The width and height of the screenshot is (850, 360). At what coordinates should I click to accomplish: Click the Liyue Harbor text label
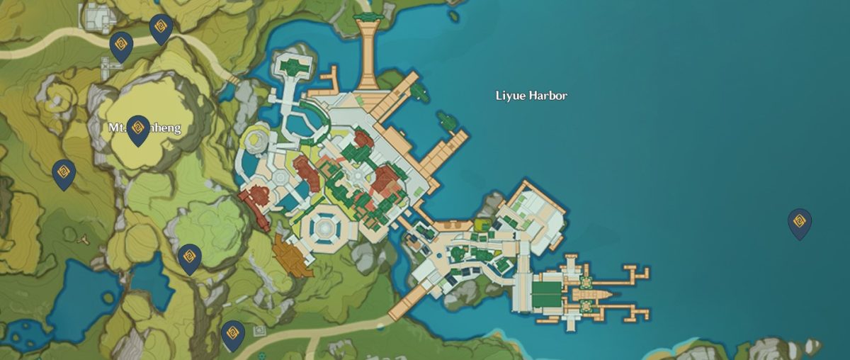(531, 96)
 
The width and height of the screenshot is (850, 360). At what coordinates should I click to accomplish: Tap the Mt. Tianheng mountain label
(144, 128)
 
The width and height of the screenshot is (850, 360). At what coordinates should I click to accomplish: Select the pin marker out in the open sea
(799, 223)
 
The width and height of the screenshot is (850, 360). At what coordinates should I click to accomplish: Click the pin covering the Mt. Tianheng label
(138, 130)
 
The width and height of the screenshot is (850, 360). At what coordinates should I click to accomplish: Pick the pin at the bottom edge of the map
(232, 335)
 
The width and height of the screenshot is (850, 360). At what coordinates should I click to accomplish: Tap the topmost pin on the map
(161, 29)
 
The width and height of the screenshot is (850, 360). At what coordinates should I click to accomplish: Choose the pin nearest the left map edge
(64, 174)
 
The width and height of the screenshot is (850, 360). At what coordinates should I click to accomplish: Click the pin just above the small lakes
(189, 258)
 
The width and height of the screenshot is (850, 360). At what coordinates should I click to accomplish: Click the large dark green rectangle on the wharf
(546, 294)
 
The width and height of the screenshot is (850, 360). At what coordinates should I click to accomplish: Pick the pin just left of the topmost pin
(120, 47)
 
